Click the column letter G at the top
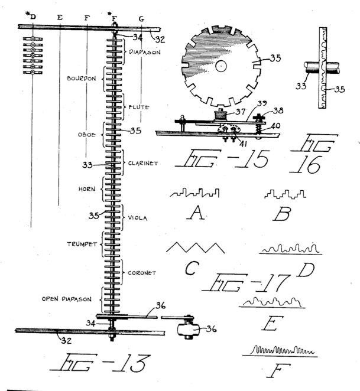(x=141, y=18)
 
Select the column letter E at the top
(x=59, y=17)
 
